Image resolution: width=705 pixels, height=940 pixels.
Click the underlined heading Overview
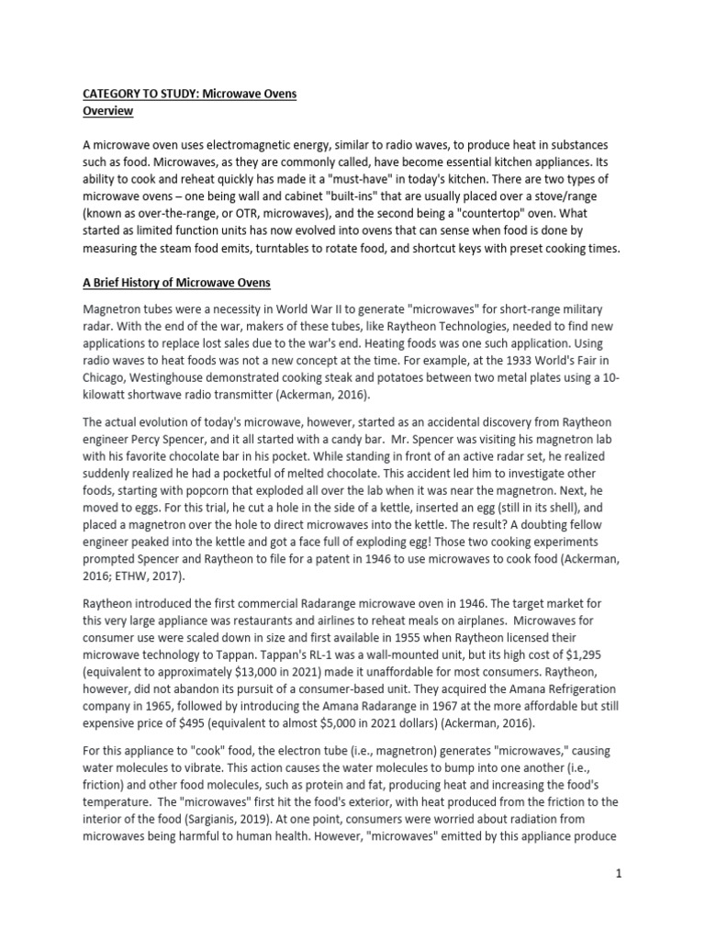click(108, 111)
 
